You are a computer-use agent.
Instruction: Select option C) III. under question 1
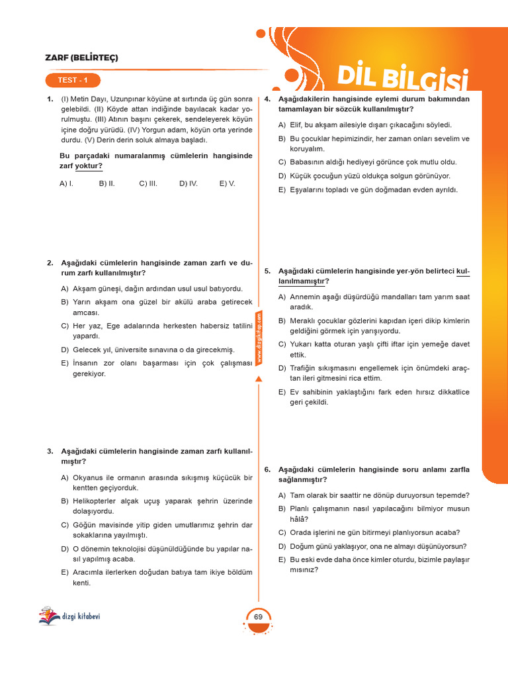(x=148, y=183)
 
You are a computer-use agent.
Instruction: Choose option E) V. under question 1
(x=228, y=183)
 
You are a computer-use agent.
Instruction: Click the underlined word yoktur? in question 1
(x=89, y=166)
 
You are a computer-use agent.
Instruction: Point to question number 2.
(x=50, y=263)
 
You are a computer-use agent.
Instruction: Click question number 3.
(x=50, y=451)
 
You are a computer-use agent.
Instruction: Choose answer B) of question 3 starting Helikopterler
(x=156, y=507)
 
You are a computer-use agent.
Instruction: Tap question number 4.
(x=267, y=99)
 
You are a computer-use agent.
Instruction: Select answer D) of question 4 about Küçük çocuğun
(x=364, y=175)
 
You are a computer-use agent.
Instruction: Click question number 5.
(x=267, y=271)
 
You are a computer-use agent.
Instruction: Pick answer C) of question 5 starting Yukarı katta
(x=374, y=350)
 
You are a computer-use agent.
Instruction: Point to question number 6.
(x=267, y=469)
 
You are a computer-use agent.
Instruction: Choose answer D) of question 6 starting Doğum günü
(x=372, y=546)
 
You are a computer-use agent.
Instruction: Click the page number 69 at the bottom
(x=258, y=617)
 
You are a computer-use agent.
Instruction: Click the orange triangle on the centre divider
(x=259, y=379)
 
